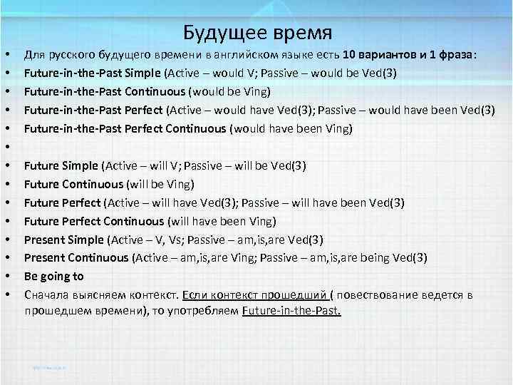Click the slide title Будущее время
(257, 33)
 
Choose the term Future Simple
(61, 166)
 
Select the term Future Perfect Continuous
(94, 221)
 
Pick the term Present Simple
(63, 240)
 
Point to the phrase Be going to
(53, 276)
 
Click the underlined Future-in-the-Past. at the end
(291, 312)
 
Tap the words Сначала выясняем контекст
(101, 294)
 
